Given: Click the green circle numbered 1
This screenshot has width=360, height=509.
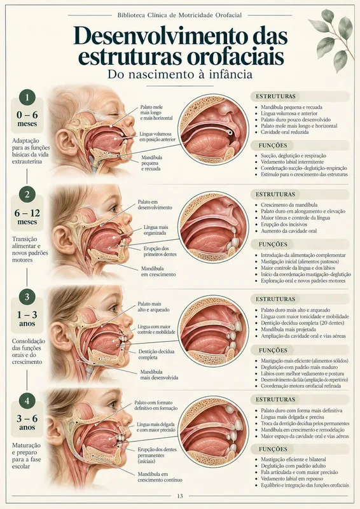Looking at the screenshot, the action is click(x=27, y=97).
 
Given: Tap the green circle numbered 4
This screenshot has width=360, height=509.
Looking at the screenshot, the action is click(x=27, y=401).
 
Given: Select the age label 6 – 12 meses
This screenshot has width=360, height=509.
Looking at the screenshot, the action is click(x=27, y=217).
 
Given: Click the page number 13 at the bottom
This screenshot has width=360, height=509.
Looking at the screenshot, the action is click(x=180, y=496).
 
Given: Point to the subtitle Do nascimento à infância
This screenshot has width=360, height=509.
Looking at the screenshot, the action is click(x=180, y=74).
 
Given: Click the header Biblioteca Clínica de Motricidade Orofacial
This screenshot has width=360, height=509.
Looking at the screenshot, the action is click(x=179, y=15).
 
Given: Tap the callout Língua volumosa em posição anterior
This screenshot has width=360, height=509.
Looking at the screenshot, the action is click(x=158, y=136).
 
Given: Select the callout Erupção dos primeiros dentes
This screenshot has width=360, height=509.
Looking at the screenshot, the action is click(x=160, y=251).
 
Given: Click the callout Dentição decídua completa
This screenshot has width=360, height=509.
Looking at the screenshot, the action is click(x=156, y=354).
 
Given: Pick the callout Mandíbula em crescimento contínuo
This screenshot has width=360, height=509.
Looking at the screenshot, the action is click(x=160, y=477).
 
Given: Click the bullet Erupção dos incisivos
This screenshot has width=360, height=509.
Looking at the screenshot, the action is click(x=284, y=225).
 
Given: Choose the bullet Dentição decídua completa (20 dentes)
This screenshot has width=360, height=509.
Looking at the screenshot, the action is click(x=303, y=323).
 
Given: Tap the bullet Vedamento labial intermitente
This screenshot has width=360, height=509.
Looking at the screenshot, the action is click(x=292, y=162).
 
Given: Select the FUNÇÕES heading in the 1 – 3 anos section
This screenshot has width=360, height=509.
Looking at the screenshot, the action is click(x=273, y=351).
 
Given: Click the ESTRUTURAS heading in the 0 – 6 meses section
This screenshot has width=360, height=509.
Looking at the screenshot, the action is click(x=275, y=97).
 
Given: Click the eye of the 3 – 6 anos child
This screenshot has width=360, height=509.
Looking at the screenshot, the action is click(x=113, y=405).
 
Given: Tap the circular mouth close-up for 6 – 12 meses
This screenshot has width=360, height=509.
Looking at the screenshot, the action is click(x=213, y=227).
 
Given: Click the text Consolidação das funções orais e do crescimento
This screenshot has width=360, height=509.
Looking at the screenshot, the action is click(x=29, y=351).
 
